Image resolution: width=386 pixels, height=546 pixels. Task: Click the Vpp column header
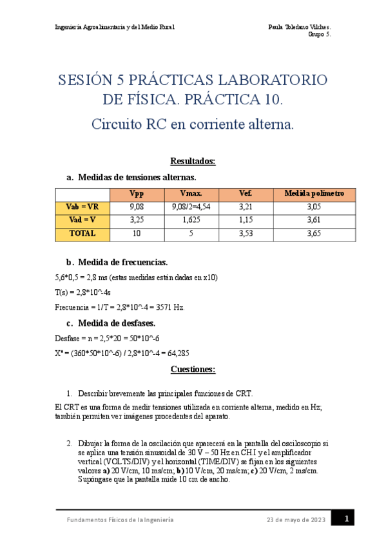[137, 193]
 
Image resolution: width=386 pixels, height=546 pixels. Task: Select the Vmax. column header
[192, 193]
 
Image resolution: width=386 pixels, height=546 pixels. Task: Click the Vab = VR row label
[82, 207]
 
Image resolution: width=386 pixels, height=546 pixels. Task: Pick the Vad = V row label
[82, 220]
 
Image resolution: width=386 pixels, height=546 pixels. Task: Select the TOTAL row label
[82, 234]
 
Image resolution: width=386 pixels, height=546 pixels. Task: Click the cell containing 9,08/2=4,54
[192, 207]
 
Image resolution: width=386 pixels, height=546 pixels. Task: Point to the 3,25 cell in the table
[137, 220]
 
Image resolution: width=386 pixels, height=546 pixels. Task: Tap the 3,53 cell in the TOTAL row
[245, 234]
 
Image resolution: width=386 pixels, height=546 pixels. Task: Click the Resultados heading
[193, 161]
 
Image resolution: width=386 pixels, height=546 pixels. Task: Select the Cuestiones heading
[193, 369]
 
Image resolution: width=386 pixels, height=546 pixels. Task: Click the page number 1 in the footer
[347, 518]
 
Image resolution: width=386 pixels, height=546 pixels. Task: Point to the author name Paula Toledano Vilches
[299, 27]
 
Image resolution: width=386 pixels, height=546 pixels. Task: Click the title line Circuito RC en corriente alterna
[193, 124]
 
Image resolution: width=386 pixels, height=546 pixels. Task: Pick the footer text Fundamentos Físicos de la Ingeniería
[120, 519]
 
